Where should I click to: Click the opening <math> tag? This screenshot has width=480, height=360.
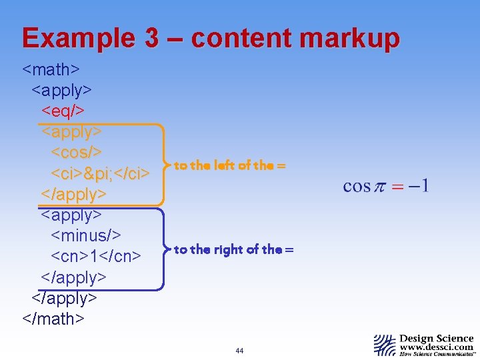pyautogui.click(x=51, y=69)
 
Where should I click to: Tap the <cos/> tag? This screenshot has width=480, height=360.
pyautogui.click(x=76, y=152)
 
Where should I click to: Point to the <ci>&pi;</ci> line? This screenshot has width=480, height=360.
pyautogui.click(x=99, y=173)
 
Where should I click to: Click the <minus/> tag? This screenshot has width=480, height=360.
pyautogui.click(x=85, y=235)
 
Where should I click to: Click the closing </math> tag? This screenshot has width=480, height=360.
pyautogui.click(x=53, y=319)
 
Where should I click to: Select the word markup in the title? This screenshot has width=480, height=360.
pyautogui.click(x=351, y=38)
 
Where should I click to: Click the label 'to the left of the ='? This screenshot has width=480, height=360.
pyautogui.click(x=229, y=166)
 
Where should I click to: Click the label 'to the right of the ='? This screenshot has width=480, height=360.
pyautogui.click(x=233, y=250)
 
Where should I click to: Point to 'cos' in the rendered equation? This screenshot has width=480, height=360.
pyautogui.click(x=357, y=186)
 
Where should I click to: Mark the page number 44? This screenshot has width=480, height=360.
pyautogui.click(x=239, y=351)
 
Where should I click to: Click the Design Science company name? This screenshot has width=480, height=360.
pyautogui.click(x=436, y=339)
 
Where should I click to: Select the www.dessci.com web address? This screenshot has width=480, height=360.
pyautogui.click(x=436, y=347)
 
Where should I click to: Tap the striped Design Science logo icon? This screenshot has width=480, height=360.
pyautogui.click(x=385, y=345)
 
